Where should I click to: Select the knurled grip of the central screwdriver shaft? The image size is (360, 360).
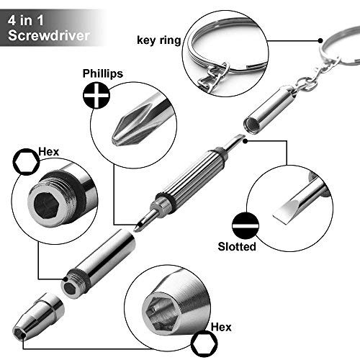[x=189, y=174]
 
